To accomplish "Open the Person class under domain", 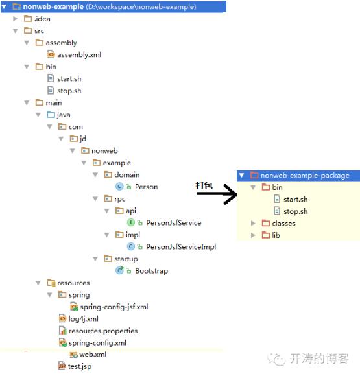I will point(146,187).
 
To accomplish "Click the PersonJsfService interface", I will point(173,222).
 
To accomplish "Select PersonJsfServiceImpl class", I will point(180,246).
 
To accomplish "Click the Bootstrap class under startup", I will point(151,270).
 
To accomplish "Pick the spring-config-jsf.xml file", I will point(114,307).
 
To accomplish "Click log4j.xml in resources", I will point(83,319).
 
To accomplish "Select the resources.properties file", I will point(102,331).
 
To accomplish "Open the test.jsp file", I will point(79,366).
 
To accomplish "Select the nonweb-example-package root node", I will point(304,175).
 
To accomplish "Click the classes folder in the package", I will point(283,223).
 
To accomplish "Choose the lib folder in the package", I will point(275,235).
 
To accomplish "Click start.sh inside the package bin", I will point(295,199).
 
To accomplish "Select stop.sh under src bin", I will point(69,91).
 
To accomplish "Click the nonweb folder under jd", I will point(104,150).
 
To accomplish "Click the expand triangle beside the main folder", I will point(27,102).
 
